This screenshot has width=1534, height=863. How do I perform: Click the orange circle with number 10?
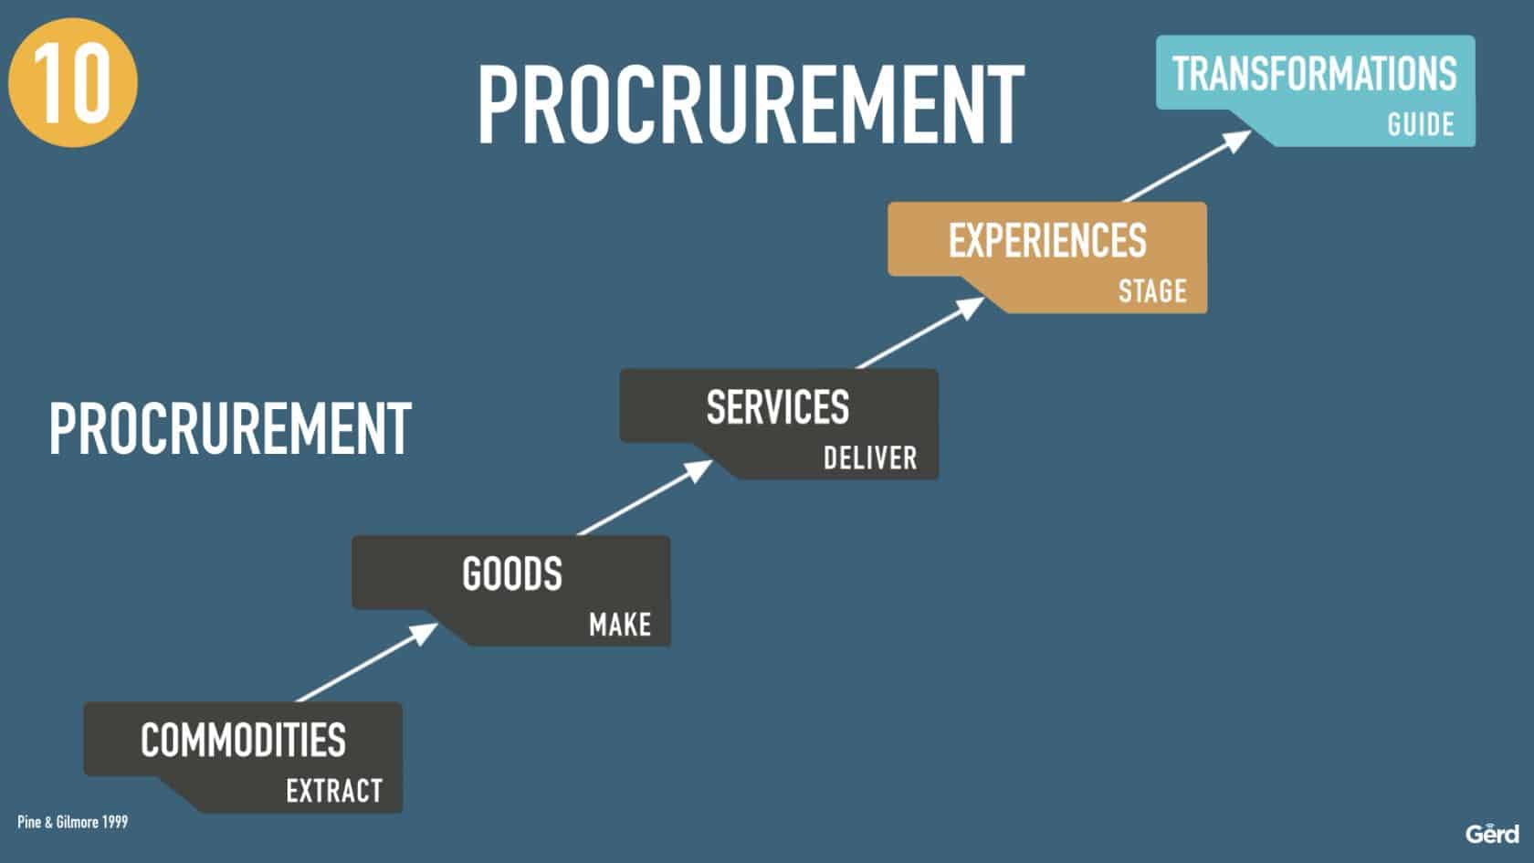(x=73, y=82)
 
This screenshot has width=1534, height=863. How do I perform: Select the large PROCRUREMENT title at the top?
(x=751, y=104)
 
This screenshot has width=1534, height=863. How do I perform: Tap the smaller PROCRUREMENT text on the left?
(x=230, y=429)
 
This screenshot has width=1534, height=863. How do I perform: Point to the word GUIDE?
(x=1421, y=124)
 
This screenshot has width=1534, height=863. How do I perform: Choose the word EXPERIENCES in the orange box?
(x=1047, y=240)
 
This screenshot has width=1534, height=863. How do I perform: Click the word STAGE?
(x=1152, y=291)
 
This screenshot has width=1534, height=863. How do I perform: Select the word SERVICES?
(x=778, y=407)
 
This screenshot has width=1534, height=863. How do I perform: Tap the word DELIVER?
(x=869, y=458)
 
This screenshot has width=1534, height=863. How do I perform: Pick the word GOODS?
(x=512, y=574)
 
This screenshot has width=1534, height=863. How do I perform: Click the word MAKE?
(x=620, y=625)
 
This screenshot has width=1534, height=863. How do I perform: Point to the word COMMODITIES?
(x=243, y=741)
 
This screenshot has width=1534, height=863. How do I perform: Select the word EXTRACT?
(x=334, y=791)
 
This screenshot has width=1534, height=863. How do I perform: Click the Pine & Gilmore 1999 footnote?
(x=73, y=822)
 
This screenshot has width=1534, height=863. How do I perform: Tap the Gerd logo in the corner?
(x=1492, y=835)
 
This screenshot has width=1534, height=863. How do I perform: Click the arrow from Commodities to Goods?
(x=367, y=662)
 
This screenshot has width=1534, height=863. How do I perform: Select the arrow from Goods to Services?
(x=645, y=497)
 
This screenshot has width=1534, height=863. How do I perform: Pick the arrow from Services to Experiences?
(x=919, y=332)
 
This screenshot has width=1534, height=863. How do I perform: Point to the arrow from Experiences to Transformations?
(x=1187, y=166)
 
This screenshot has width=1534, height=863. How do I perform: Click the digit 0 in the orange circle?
(x=90, y=83)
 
